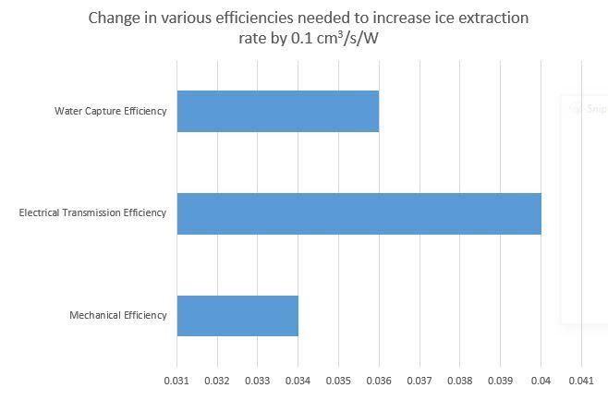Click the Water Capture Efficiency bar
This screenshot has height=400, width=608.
pyautogui.click(x=277, y=111)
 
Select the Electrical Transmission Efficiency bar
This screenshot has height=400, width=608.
pyautogui.click(x=359, y=213)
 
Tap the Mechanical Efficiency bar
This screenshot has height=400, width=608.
pyautogui.click(x=237, y=315)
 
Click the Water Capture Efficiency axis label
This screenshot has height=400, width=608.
pyautogui.click(x=111, y=112)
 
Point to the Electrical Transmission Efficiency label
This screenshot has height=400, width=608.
pyautogui.click(x=92, y=213)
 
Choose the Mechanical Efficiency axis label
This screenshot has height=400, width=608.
pyautogui.click(x=118, y=315)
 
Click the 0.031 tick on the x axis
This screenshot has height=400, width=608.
pyautogui.click(x=176, y=380)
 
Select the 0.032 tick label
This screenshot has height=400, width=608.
pyautogui.click(x=217, y=380)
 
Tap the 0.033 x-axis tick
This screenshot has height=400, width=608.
pyautogui.click(x=258, y=380)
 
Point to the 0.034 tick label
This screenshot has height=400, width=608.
pyautogui.click(x=298, y=380)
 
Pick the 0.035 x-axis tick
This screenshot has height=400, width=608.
pyautogui.click(x=339, y=380)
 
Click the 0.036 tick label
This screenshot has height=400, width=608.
pyautogui.click(x=379, y=380)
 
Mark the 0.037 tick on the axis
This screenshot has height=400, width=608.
pyautogui.click(x=420, y=380)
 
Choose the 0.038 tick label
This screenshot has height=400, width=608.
pyautogui.click(x=460, y=380)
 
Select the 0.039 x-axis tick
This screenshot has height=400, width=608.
pyautogui.click(x=501, y=380)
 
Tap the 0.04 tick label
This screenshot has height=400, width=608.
pyautogui.click(x=541, y=380)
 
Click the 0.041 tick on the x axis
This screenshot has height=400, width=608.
pyautogui.click(x=581, y=380)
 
